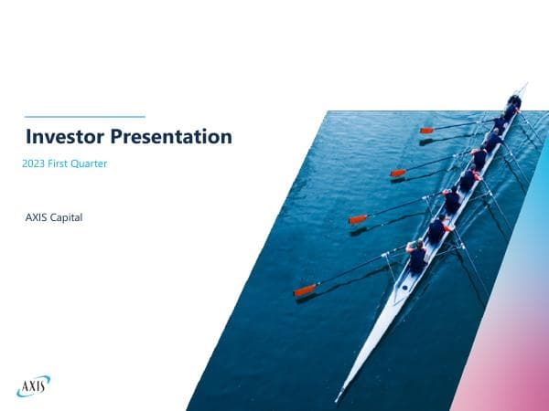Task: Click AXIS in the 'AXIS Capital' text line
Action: pyautogui.click(x=38, y=217)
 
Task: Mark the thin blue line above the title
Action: pyautogui.click(x=84, y=117)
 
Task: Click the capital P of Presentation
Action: pyautogui.click(x=116, y=138)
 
